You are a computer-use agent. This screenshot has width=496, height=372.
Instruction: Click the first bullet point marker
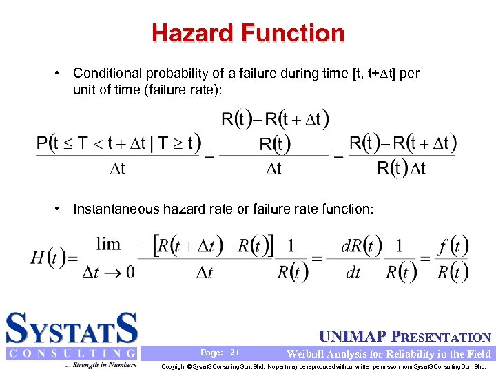click(61, 73)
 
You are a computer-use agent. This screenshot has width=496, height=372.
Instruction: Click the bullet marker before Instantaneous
click(61, 209)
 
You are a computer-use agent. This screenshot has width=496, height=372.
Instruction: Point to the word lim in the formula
click(108, 244)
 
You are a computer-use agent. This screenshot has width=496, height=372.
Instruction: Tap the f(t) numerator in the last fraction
click(453, 245)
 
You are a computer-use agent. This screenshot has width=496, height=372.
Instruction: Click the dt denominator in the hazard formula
click(353, 273)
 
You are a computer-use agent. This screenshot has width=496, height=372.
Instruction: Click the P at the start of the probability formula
click(43, 144)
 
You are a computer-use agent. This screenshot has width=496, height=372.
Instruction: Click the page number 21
click(234, 353)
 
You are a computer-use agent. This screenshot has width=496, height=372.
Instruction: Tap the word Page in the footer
click(211, 353)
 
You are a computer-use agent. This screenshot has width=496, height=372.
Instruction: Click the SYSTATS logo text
click(72, 329)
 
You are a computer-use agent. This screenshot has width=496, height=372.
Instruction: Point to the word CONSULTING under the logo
click(72, 353)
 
